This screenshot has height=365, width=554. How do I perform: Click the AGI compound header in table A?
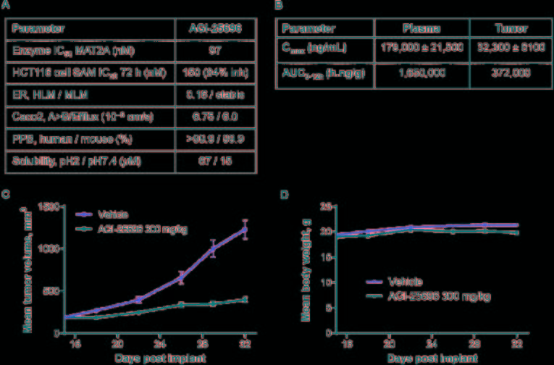pos(217,30)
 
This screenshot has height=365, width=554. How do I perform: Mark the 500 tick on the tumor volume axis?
pos(52,290)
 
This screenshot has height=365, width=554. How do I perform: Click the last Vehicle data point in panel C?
pos(245,230)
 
